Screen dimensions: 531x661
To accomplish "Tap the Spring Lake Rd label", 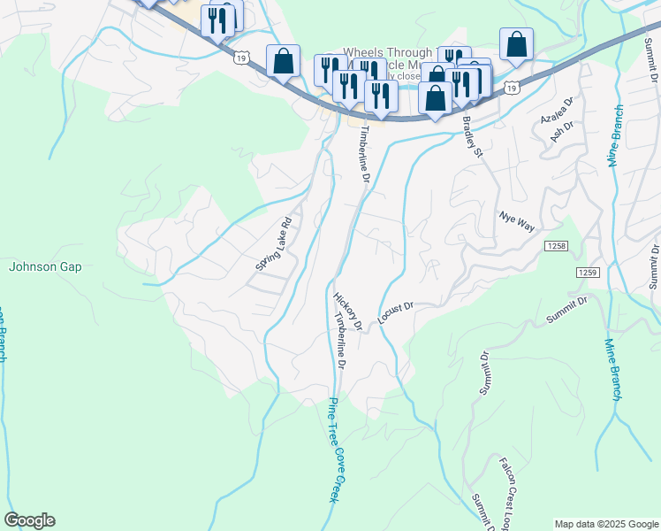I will (273, 245).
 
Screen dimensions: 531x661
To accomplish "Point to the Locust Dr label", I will (395, 312).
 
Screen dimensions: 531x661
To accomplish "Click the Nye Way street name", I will (517, 222).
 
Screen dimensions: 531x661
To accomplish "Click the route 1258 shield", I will (555, 244).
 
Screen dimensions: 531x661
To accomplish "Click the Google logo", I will (29, 520).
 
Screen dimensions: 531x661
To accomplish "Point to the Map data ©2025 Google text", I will (605, 524).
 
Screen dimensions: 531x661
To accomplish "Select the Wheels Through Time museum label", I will (389, 54).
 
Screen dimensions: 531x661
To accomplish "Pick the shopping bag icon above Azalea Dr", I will (516, 44).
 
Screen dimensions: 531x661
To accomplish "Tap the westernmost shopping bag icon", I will (283, 61).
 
